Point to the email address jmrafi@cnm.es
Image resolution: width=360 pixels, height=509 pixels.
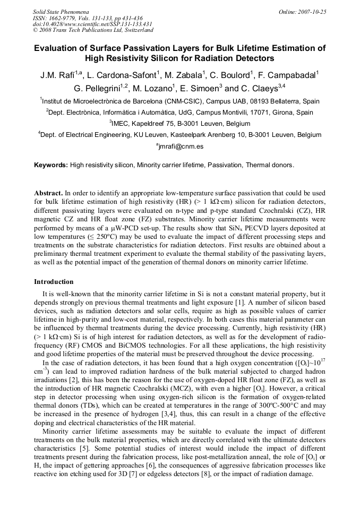click(x=181, y=146)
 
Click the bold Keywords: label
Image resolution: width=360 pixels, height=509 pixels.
click(x=51, y=166)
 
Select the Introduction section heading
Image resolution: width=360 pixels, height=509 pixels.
click(x=54, y=281)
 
